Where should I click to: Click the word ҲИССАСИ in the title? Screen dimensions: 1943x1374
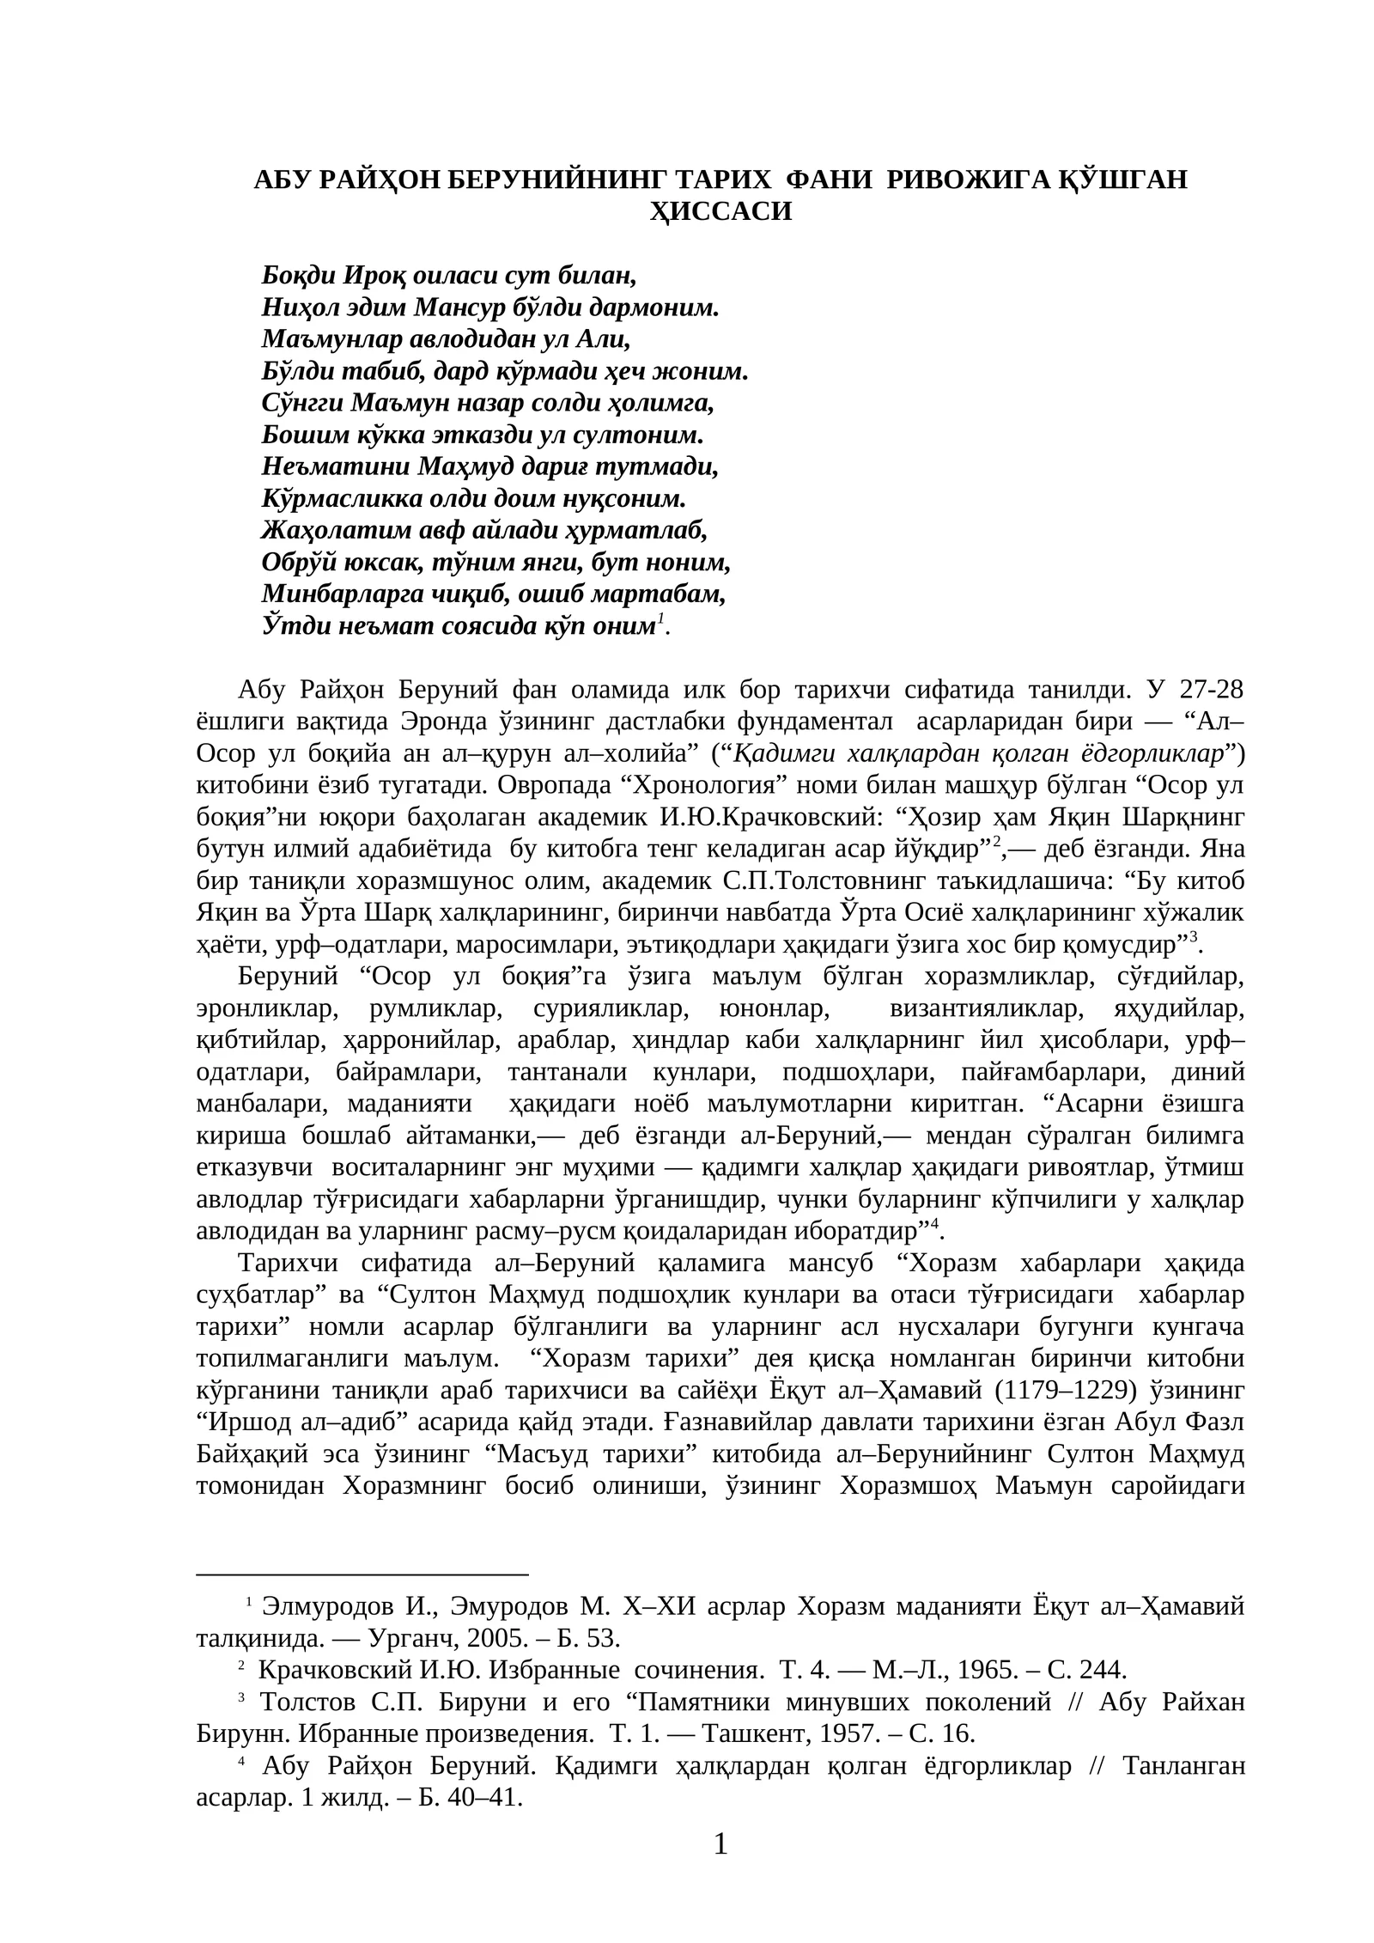click(x=720, y=211)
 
